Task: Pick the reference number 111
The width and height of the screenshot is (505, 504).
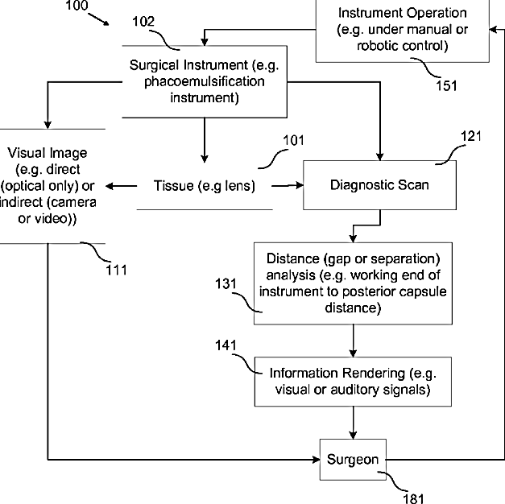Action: (x=117, y=270)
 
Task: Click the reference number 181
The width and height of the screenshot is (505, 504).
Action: (x=414, y=499)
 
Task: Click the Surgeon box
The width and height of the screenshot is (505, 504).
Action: (x=352, y=460)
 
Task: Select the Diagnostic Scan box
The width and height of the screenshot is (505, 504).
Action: (x=379, y=185)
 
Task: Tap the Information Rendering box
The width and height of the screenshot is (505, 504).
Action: (x=351, y=382)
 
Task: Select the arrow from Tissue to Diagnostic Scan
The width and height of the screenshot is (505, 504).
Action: (x=287, y=186)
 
